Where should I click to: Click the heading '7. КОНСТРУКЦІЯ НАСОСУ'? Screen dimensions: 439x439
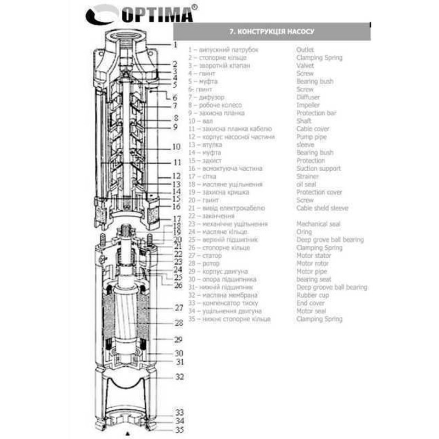(x=272, y=31)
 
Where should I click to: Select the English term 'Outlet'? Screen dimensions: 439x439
(x=305, y=49)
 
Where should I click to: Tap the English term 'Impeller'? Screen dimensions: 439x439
(x=308, y=105)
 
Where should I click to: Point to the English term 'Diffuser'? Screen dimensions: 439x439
(x=308, y=97)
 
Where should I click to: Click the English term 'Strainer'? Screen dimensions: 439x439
(x=307, y=177)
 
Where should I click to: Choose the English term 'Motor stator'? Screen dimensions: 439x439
(x=314, y=256)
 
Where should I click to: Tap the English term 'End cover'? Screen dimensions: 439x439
(x=311, y=303)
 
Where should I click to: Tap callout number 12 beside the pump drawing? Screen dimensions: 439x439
(x=176, y=177)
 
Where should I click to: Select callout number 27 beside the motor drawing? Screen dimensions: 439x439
(x=178, y=308)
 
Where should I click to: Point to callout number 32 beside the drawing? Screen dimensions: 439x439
(x=179, y=377)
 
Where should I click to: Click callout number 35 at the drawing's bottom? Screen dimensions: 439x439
(x=179, y=430)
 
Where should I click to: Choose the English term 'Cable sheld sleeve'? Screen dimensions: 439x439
(x=322, y=208)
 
